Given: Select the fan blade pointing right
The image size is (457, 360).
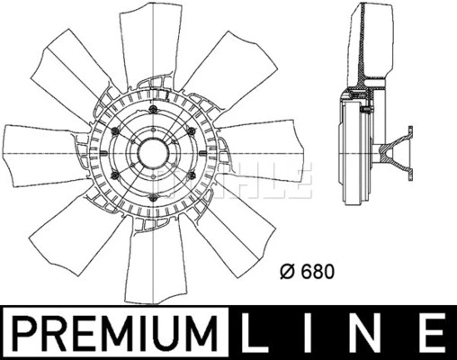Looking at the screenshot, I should click(264, 162).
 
